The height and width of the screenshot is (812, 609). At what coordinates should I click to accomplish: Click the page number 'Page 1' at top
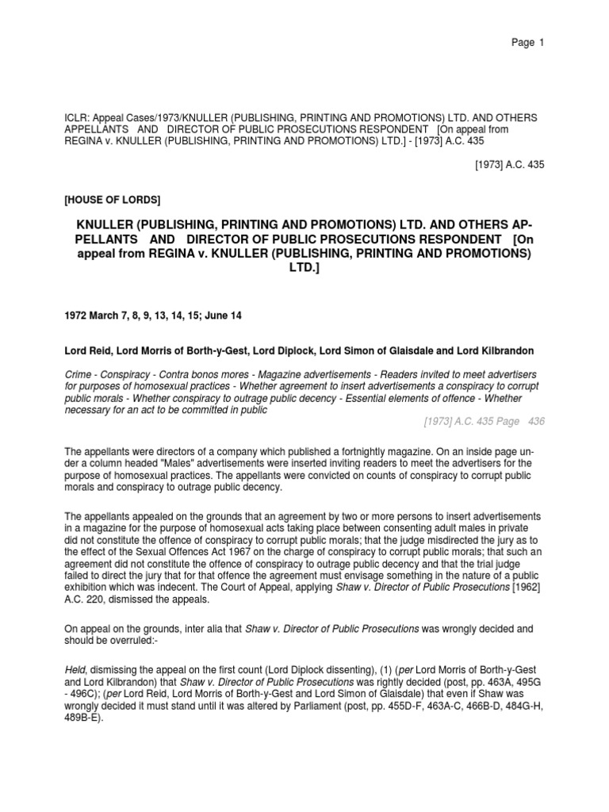click(527, 43)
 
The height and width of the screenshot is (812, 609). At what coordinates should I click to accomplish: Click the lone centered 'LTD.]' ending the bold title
click(304, 268)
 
